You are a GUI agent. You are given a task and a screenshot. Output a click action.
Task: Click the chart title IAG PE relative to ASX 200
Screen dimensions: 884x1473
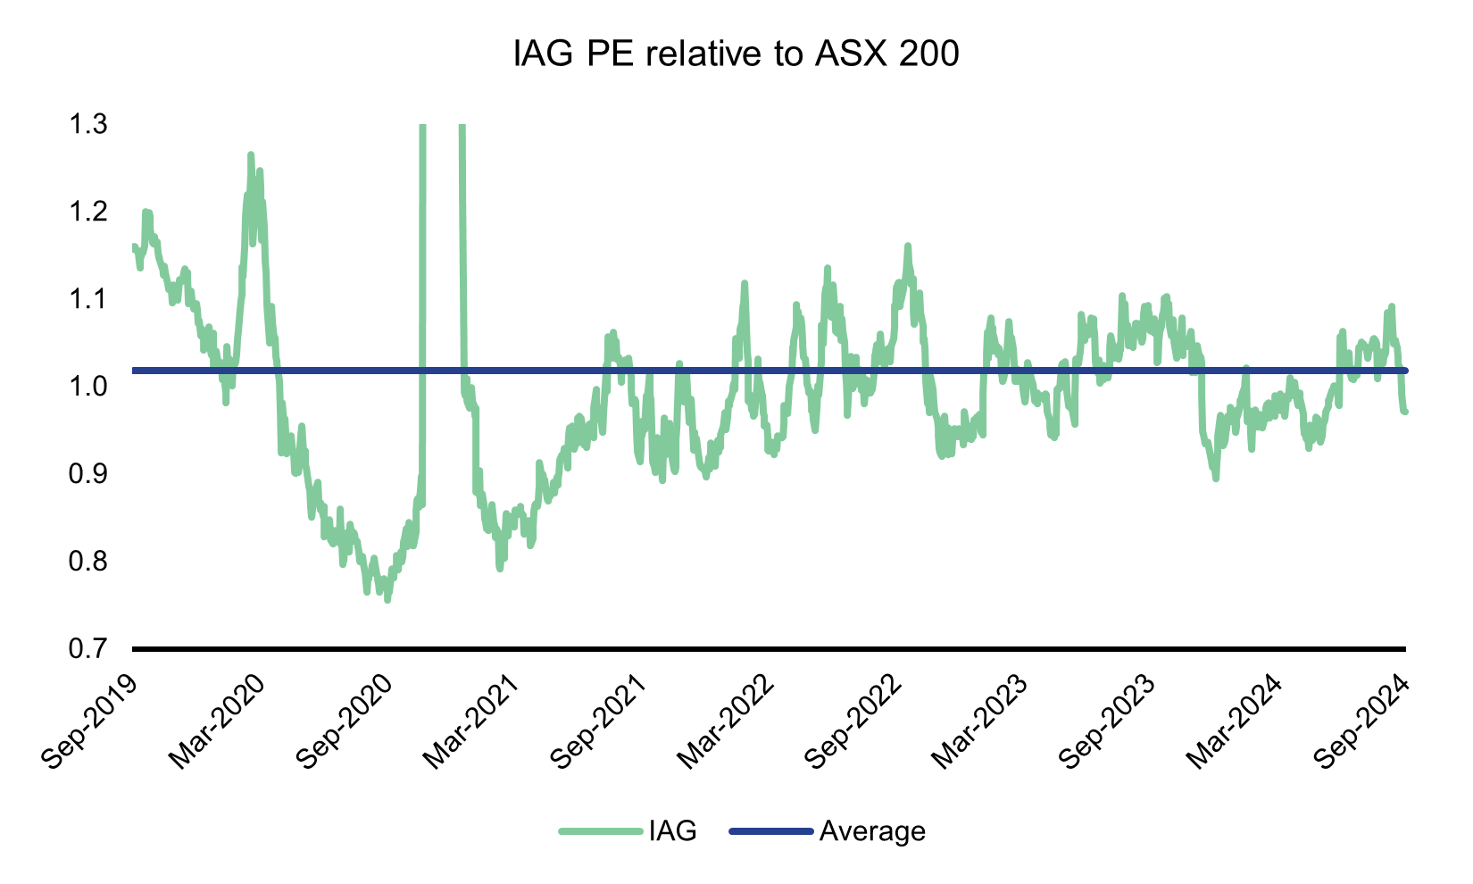736,55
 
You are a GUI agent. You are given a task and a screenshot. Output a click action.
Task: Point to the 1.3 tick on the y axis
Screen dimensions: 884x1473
87,123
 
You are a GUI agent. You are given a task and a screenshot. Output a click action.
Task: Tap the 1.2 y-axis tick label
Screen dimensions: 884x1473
87,211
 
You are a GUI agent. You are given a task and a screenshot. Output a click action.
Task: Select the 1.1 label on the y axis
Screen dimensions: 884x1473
87,298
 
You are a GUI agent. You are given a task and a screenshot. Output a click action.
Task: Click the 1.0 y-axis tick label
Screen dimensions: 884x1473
87,386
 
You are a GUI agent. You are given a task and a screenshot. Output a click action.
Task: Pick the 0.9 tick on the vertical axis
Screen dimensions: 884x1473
87,473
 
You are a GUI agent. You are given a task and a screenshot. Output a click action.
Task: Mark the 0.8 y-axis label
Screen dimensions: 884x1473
87,561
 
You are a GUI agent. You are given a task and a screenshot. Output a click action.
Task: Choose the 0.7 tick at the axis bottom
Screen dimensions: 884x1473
87,648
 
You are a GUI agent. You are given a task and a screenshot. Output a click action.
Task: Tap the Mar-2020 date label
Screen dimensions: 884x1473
217,719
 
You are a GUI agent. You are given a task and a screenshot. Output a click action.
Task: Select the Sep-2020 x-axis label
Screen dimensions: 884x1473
345,719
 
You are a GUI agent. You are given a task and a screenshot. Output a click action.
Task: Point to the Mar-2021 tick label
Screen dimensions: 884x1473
471,719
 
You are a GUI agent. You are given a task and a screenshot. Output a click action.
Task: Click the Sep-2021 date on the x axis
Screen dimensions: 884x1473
599,719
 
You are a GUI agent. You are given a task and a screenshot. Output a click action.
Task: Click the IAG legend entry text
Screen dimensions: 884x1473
673,831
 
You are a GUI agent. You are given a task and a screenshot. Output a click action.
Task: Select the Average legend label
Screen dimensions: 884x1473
872,831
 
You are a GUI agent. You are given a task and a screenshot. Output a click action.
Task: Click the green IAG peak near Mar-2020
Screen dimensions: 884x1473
251,155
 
